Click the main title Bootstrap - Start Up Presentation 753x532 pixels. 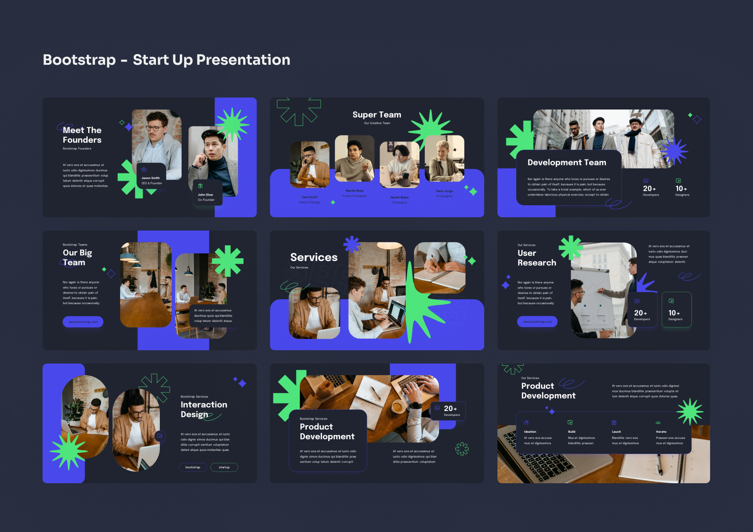tap(166, 60)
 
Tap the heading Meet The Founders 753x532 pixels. tap(82, 135)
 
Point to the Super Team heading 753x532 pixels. tap(376, 115)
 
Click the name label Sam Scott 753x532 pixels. tap(310, 197)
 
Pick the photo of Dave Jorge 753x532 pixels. tap(444, 159)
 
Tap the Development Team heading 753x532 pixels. tap(567, 163)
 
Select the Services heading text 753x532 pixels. tap(314, 258)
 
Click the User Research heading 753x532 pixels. tap(536, 258)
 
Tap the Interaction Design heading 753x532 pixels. tap(204, 409)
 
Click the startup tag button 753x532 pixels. tap(224, 467)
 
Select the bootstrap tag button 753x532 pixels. tap(193, 467)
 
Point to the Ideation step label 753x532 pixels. tap(530, 431)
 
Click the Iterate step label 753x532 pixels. tap(661, 431)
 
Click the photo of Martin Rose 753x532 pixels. tap(354, 159)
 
